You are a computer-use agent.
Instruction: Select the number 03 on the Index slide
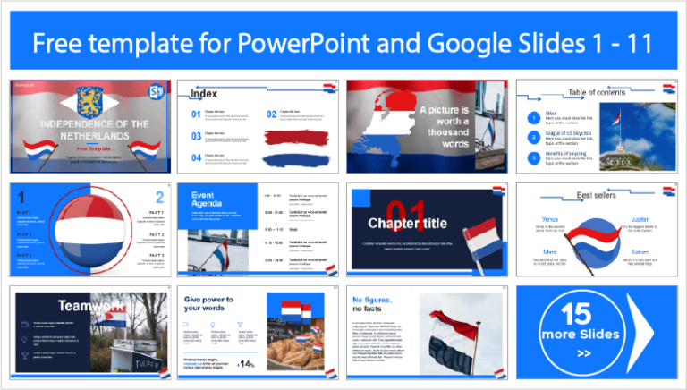click(x=196, y=136)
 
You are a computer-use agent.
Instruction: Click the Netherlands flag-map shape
click(x=381, y=125)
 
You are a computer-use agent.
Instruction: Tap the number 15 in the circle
click(x=578, y=312)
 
